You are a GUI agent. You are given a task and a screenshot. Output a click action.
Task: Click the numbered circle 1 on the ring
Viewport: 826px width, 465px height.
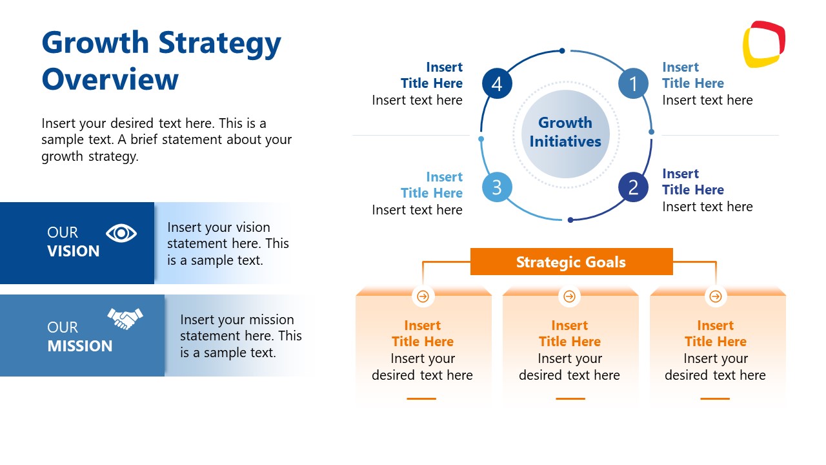(633, 84)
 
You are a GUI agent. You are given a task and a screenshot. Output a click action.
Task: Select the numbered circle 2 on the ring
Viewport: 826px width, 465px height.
(633, 187)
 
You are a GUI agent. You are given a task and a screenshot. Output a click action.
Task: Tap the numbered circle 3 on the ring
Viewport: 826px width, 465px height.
(497, 187)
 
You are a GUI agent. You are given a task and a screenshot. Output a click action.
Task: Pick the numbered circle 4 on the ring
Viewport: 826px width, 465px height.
(497, 84)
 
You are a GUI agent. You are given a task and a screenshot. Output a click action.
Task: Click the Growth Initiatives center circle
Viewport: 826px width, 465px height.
(565, 133)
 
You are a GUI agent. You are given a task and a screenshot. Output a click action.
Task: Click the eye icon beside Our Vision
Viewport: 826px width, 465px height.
(121, 232)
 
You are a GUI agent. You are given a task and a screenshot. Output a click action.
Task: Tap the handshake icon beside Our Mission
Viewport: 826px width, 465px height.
(125, 318)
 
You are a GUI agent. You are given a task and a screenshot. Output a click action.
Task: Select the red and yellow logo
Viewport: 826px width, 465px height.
(763, 44)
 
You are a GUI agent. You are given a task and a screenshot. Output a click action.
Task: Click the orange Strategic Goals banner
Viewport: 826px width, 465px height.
(571, 262)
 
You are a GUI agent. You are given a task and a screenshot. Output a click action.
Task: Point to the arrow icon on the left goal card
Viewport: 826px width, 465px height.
(423, 296)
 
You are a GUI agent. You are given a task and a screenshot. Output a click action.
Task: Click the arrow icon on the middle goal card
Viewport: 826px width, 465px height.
(569, 296)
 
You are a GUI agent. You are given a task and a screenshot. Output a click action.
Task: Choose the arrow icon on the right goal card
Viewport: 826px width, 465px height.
(715, 296)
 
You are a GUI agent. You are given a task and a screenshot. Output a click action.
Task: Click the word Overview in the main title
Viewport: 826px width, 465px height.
(110, 79)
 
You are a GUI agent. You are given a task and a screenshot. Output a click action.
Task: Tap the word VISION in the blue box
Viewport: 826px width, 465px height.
(74, 251)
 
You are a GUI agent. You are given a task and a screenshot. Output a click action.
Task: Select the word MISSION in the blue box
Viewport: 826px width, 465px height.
(79, 346)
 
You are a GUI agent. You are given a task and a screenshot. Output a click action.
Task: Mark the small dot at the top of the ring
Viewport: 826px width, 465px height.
(562, 50)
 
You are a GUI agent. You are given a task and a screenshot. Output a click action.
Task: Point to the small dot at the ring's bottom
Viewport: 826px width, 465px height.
(570, 220)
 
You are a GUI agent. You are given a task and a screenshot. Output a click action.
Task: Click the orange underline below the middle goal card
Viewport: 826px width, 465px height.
(570, 398)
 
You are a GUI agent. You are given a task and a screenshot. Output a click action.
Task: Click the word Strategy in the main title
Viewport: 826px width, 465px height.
(219, 43)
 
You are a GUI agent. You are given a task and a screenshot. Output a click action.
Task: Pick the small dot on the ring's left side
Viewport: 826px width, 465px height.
(481, 139)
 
